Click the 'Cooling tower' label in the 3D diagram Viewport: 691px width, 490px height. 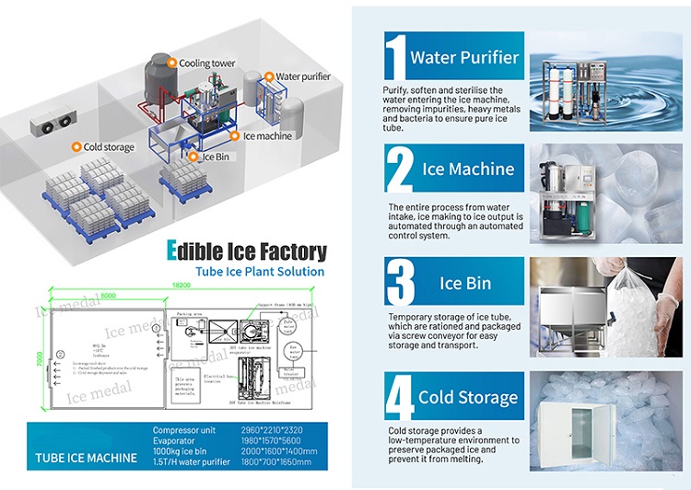[207, 64]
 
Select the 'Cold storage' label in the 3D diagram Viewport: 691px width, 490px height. [108, 146]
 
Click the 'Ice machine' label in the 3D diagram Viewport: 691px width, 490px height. [266, 136]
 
